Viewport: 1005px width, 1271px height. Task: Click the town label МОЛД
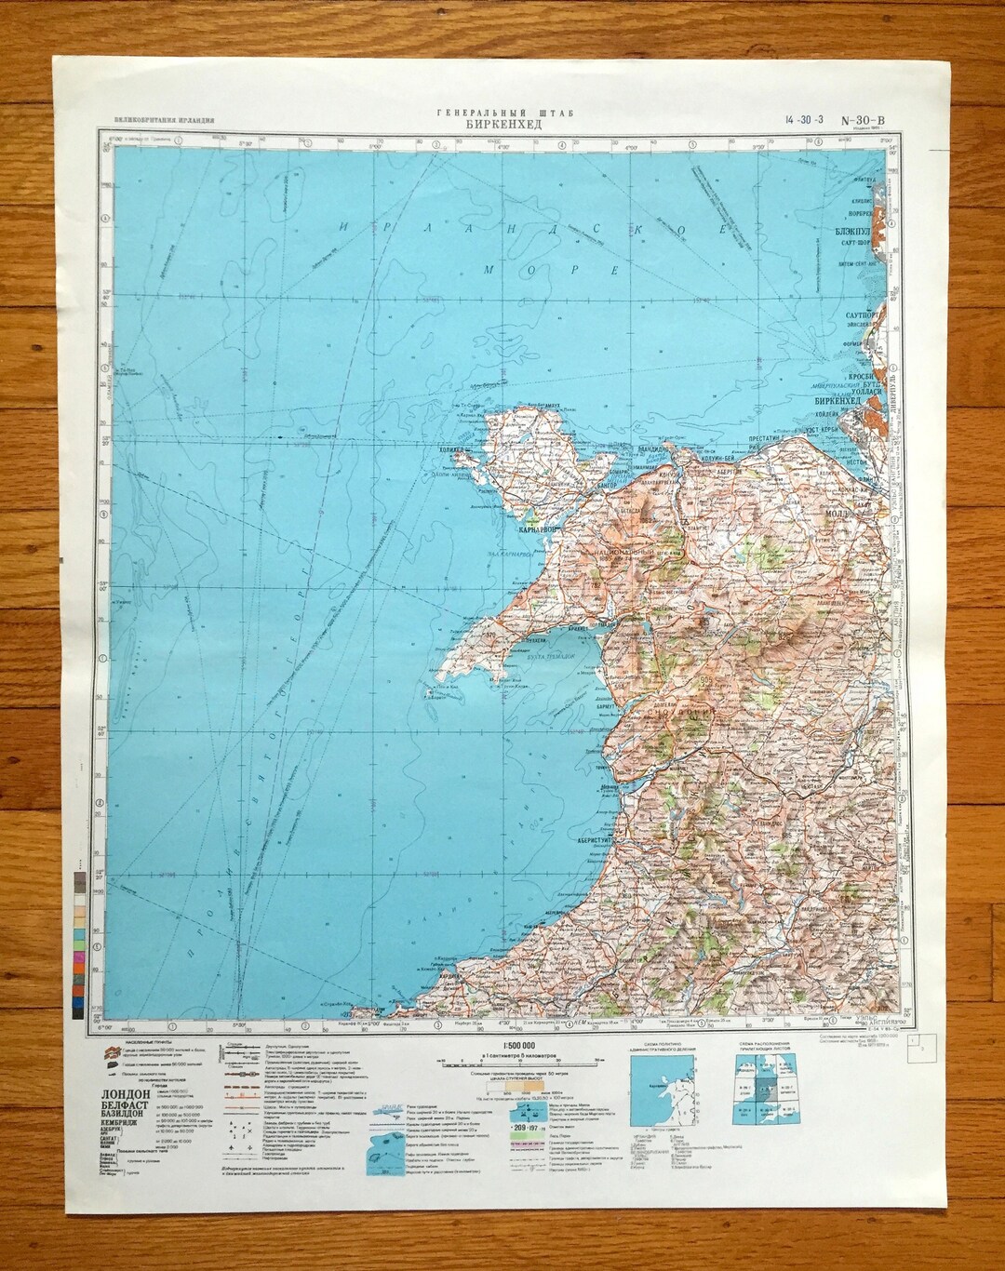pos(860,511)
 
